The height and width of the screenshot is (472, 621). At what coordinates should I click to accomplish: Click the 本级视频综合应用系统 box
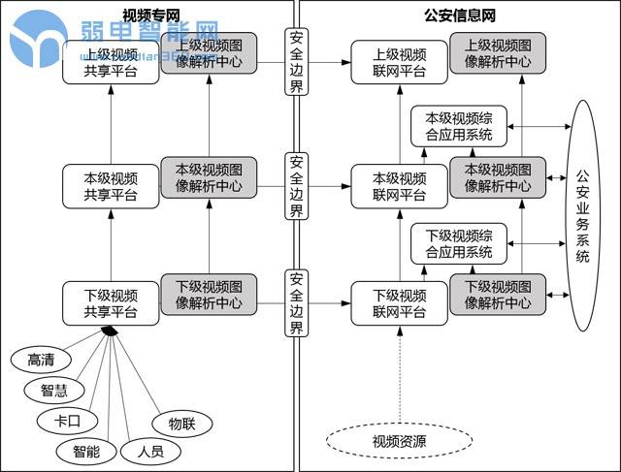(x=458, y=127)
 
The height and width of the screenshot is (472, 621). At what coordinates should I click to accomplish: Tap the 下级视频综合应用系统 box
(x=458, y=244)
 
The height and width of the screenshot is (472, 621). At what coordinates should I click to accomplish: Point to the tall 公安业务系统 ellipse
(x=582, y=216)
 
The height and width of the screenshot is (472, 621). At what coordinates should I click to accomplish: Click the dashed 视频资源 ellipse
(x=399, y=442)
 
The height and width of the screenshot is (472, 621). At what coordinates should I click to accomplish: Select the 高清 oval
(x=40, y=359)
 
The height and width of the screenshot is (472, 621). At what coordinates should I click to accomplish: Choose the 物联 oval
(x=181, y=423)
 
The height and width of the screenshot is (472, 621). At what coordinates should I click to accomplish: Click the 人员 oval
(x=149, y=451)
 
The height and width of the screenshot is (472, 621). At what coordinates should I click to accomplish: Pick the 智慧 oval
(x=54, y=391)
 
